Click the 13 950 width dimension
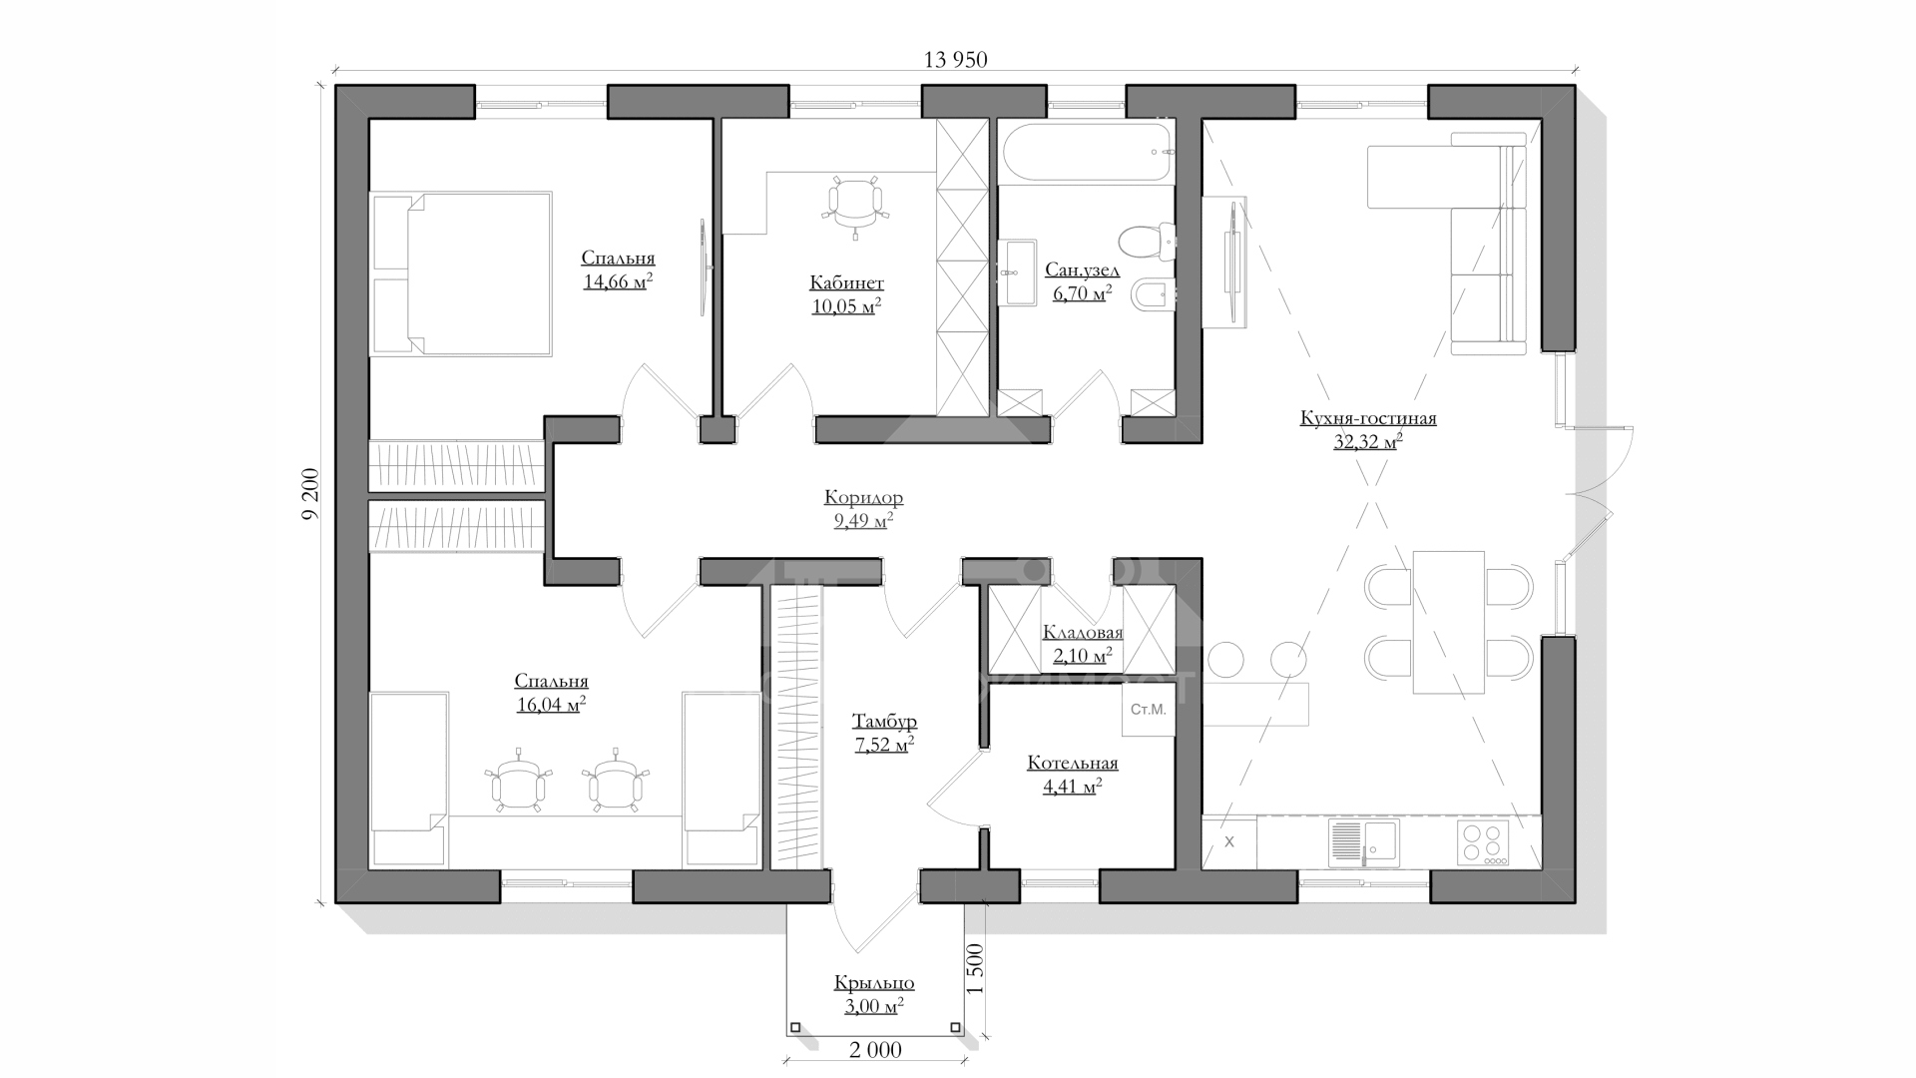click(x=955, y=60)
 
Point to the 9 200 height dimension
click(x=310, y=494)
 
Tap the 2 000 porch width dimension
click(x=875, y=1050)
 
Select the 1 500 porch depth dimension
click(x=976, y=968)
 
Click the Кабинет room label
click(x=846, y=283)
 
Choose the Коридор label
click(x=863, y=497)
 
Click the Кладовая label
click(x=1083, y=633)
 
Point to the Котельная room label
click(x=1073, y=764)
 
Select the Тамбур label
click(x=884, y=722)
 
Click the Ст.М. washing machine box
click(x=1148, y=710)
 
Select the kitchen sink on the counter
click(x=1363, y=843)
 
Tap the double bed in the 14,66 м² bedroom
click(x=462, y=273)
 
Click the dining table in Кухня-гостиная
click(x=1448, y=621)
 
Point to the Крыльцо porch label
click(x=874, y=983)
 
